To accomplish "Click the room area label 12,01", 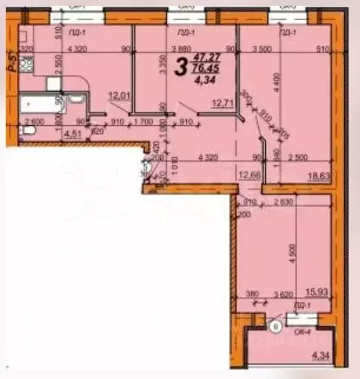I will (x=119, y=96).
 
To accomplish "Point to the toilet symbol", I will (x=25, y=132).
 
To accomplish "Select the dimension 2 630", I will (x=290, y=202).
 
